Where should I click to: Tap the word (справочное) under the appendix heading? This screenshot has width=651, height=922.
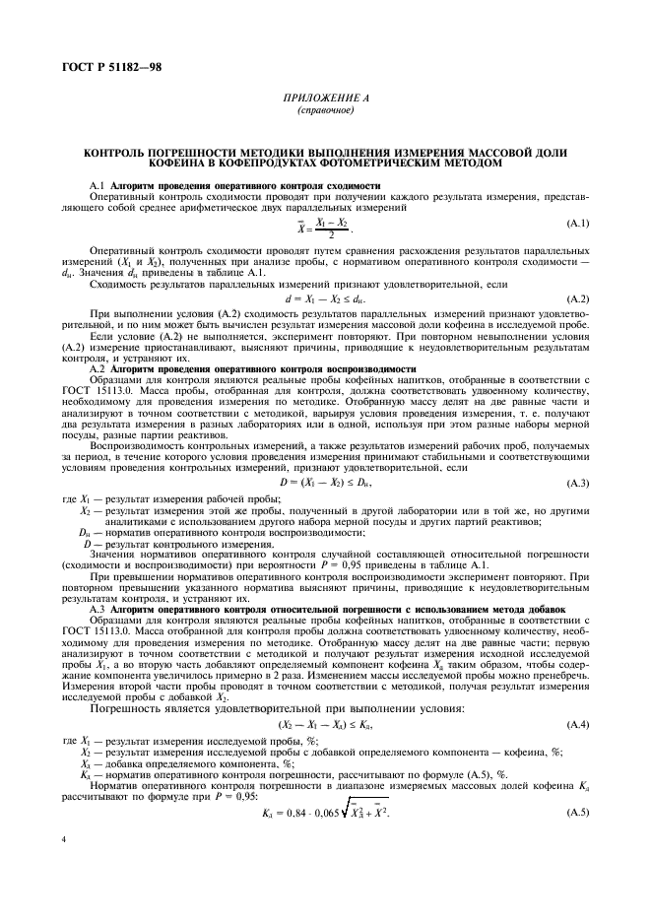324,110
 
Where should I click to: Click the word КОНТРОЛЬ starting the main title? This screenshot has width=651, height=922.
116,155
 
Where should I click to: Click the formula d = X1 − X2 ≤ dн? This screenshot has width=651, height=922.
325,297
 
